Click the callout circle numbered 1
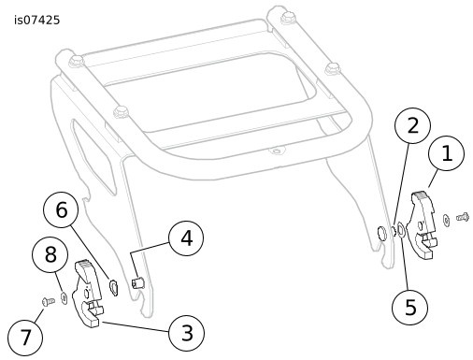[x=446, y=153]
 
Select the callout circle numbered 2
[x=412, y=125]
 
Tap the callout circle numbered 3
[x=186, y=333]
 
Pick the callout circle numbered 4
[x=186, y=238]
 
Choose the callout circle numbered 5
[x=410, y=307]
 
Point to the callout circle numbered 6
[x=61, y=209]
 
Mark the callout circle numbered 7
[x=25, y=338]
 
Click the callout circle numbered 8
[x=50, y=254]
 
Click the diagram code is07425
[x=36, y=21]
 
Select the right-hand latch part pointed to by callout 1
[x=423, y=224]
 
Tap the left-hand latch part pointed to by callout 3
[x=87, y=294]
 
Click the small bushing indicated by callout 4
[x=136, y=283]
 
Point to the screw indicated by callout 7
[x=49, y=301]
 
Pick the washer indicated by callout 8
[x=64, y=298]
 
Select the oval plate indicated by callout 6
[x=113, y=287]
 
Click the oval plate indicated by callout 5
[x=401, y=230]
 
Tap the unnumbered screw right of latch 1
[x=463, y=216]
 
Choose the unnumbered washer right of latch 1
[x=446, y=220]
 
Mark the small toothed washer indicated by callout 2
[x=393, y=231]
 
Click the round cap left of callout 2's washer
[x=381, y=233]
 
